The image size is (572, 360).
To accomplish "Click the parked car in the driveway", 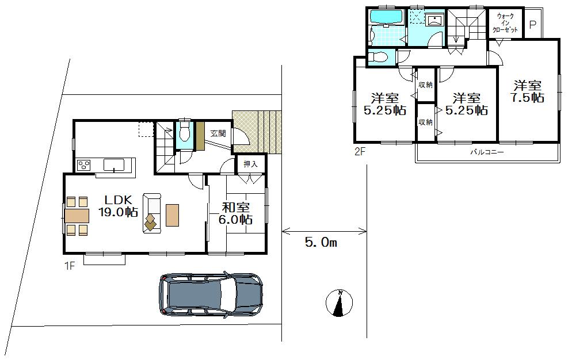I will coord(211,294).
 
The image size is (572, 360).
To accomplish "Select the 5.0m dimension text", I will coord(321,243).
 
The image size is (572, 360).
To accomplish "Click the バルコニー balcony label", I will coord(487,153).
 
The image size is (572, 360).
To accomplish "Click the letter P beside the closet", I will coord(533,25).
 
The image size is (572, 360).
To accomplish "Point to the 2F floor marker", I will coord(360,152).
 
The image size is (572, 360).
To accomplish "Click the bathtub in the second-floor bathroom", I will coord(387,17).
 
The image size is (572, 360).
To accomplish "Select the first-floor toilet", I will coord(184,132).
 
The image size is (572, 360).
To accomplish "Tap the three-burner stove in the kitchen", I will coord(84,165).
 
